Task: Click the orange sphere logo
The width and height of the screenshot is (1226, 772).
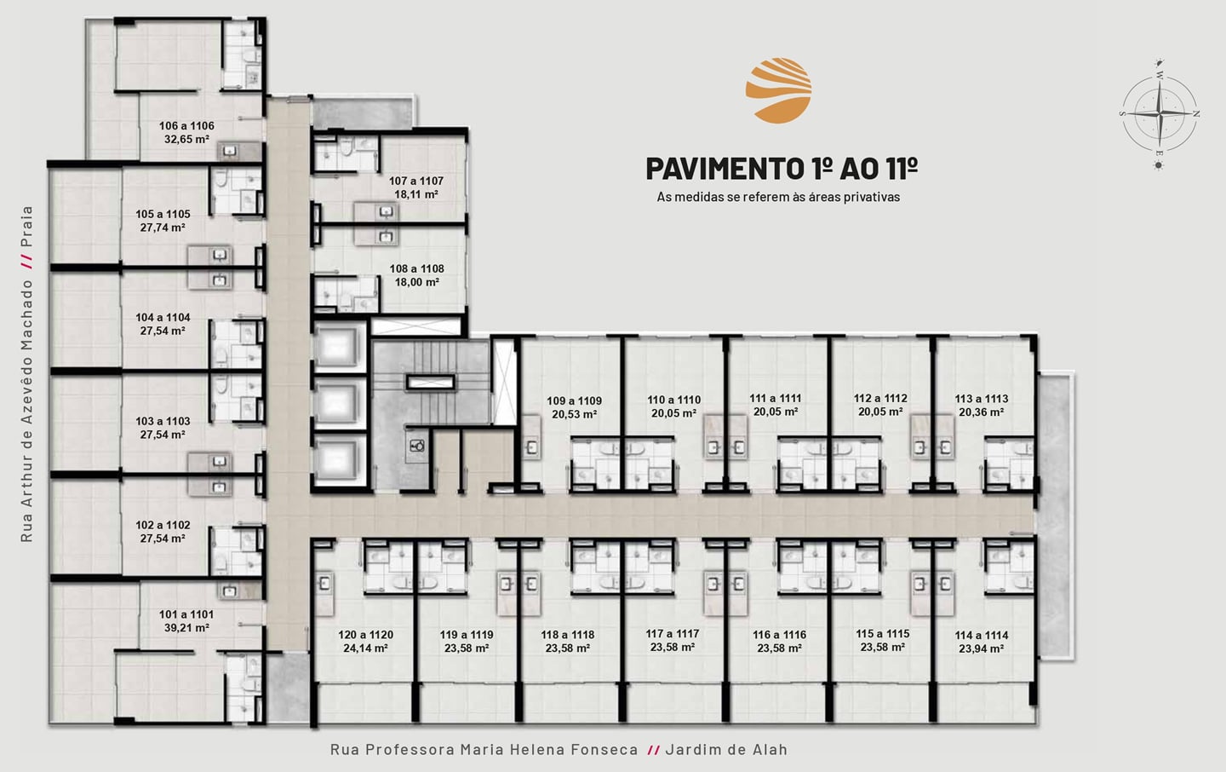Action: (778, 90)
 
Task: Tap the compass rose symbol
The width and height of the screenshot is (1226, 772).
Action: (1160, 114)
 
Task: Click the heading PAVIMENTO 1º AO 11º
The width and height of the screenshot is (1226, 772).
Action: (782, 169)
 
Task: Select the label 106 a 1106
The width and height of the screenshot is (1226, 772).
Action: (186, 126)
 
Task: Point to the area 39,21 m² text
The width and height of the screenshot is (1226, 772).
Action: (186, 628)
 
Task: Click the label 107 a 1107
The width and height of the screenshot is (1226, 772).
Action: (416, 181)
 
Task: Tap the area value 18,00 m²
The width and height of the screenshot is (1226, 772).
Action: (417, 282)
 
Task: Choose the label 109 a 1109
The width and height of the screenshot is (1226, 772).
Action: (574, 401)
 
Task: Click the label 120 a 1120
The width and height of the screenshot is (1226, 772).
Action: (365, 635)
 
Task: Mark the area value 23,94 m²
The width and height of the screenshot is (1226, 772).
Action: (982, 648)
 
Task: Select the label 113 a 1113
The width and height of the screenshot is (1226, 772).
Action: (982, 399)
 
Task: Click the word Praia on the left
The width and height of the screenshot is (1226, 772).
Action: (26, 227)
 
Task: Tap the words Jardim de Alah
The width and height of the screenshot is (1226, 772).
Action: (726, 749)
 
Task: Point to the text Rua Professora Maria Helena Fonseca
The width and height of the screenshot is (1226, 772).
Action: (484, 749)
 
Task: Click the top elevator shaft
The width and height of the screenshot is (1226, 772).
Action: (340, 346)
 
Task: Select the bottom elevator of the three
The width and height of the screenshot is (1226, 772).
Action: (340, 459)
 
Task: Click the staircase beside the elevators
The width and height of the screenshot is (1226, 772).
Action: (430, 382)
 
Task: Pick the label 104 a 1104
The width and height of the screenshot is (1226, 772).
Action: (163, 318)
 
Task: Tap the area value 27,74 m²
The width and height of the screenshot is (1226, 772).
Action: (163, 228)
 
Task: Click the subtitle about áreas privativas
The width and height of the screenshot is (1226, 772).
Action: (778, 197)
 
